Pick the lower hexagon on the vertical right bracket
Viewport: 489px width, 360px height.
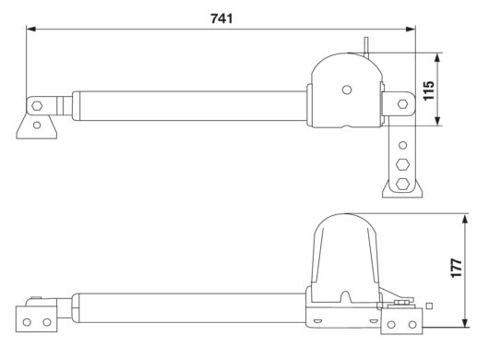[x=402, y=181]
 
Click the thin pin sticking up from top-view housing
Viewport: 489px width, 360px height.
[x=366, y=43]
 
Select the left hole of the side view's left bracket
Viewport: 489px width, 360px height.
[x=27, y=322]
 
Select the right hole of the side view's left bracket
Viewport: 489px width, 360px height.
[x=44, y=322]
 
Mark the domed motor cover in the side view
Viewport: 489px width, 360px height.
[x=347, y=249]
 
